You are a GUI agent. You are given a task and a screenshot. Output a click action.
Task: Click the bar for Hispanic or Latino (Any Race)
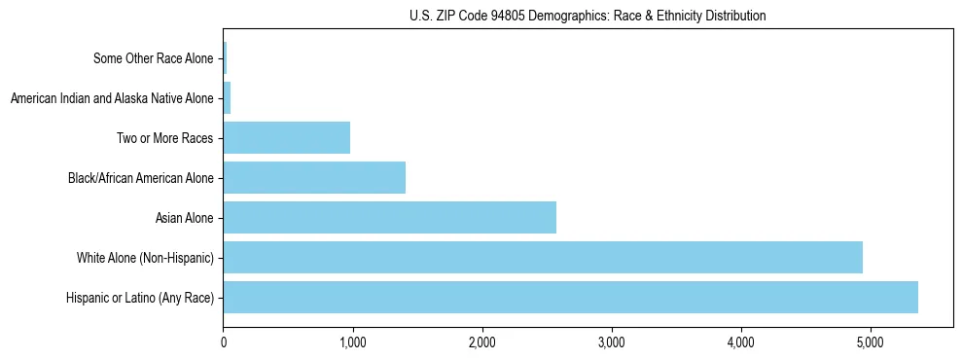click(570, 297)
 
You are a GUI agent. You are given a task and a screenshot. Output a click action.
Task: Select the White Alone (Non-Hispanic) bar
click(543, 257)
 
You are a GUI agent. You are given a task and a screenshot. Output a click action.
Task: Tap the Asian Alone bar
click(390, 217)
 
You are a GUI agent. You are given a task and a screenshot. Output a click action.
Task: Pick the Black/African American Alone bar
click(314, 177)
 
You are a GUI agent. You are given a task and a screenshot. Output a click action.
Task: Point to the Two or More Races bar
click(287, 138)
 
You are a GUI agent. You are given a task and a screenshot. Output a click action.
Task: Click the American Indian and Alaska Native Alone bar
click(228, 98)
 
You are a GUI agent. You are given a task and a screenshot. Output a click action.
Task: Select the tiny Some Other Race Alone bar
click(226, 58)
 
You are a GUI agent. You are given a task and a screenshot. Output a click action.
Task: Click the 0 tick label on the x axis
click(224, 342)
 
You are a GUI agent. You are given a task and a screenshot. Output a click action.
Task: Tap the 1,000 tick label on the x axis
click(353, 342)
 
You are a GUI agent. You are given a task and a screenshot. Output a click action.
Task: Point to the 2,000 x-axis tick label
click(482, 342)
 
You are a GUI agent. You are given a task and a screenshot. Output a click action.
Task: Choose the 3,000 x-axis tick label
click(612, 342)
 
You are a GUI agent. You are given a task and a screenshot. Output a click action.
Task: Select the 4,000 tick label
click(741, 342)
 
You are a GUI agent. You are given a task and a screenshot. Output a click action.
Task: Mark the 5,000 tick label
click(871, 342)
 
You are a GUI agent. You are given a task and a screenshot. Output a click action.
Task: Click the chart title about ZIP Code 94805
click(588, 16)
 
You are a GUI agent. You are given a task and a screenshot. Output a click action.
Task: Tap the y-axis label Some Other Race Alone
click(153, 58)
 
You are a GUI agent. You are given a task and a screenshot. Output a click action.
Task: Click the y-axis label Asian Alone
click(184, 217)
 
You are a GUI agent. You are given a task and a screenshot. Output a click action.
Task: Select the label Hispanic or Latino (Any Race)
click(139, 297)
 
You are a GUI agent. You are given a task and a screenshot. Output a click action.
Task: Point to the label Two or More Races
click(164, 138)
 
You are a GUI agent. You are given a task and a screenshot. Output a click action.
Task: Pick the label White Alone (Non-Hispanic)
click(145, 257)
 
